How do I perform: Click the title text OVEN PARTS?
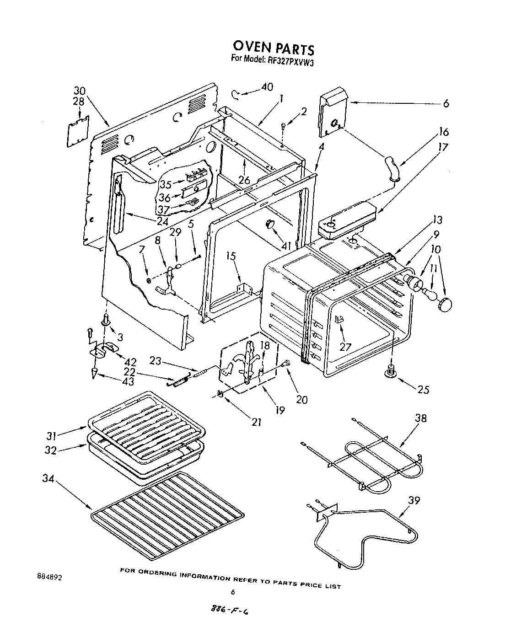coord(273,48)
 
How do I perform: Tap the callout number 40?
coord(267,87)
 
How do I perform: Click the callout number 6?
coord(446,104)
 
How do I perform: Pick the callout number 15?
coord(231,256)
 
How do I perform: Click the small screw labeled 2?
coord(284,125)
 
